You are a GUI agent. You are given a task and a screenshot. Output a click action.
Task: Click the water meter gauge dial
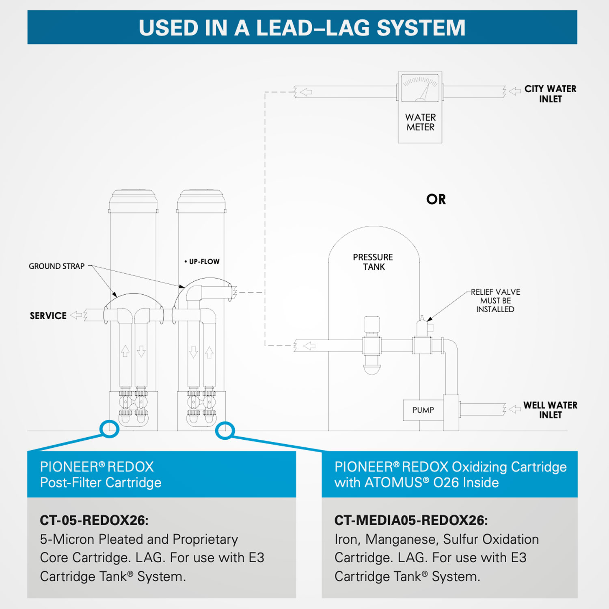420,87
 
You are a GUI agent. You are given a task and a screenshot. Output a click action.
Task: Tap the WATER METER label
420,122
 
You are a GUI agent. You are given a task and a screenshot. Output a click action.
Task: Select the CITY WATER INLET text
550,94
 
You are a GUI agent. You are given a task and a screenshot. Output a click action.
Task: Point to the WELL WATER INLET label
550,410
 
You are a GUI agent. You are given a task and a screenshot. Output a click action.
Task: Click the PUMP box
423,410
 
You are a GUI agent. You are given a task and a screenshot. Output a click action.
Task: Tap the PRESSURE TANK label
373,262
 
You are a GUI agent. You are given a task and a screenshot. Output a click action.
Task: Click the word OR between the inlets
436,199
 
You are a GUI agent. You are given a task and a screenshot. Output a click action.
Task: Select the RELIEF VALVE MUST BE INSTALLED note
495,300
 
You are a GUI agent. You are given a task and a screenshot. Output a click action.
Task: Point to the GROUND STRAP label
56,266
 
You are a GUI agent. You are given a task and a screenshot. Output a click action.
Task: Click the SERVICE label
48,316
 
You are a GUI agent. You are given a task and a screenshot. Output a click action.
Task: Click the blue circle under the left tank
109,429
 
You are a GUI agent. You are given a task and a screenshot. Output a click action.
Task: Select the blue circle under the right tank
225,430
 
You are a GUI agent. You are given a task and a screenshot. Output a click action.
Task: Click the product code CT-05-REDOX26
94,520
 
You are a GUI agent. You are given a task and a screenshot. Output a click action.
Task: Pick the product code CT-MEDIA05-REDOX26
411,520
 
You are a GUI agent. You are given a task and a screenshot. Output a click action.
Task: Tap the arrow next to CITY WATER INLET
515,91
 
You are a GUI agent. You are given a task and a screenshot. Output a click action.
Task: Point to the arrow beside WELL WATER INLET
515,409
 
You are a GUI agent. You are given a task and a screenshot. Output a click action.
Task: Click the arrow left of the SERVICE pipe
76,315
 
